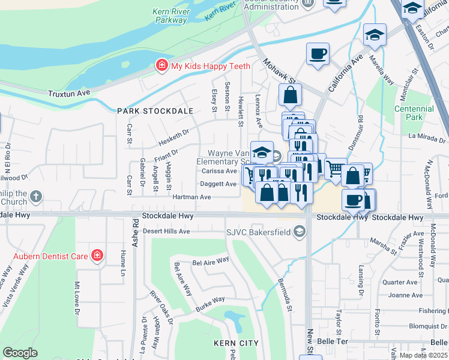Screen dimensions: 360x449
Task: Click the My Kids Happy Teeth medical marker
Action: point(161,65)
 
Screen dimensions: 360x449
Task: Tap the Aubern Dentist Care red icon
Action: point(97,256)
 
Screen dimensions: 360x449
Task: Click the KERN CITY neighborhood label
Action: point(236,343)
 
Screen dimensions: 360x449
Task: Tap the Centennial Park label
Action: point(414,113)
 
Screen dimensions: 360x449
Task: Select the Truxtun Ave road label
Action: point(69,93)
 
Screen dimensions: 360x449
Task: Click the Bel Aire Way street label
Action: point(211,261)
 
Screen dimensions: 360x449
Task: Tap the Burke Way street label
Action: point(209,304)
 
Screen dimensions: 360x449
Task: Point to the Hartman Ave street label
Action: point(191,197)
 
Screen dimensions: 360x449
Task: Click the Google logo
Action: point(20,353)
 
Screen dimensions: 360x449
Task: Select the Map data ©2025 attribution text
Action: point(423,355)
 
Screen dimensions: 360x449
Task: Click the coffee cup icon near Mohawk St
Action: point(318,54)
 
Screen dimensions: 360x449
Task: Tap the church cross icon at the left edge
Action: point(36,196)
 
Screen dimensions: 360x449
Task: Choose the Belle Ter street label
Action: point(333,340)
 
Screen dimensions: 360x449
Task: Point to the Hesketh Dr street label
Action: point(173,137)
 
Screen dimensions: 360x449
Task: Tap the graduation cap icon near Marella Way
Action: point(375,35)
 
